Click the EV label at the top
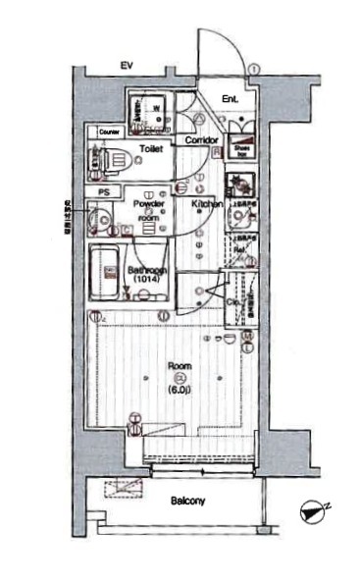pyautogui.click(x=126, y=65)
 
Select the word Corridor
pyautogui.click(x=202, y=140)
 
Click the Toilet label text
pyautogui.click(x=151, y=148)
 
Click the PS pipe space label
pyautogui.click(x=102, y=190)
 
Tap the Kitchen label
pyautogui.click(x=207, y=204)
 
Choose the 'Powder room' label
pyautogui.click(x=147, y=209)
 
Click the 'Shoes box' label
pyautogui.click(x=241, y=149)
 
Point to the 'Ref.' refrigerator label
pyautogui.click(x=239, y=248)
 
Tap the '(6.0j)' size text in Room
pyautogui.click(x=179, y=389)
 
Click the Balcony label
pyautogui.click(x=188, y=502)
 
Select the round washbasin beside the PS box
pyautogui.click(x=100, y=217)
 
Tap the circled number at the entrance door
pyautogui.click(x=253, y=69)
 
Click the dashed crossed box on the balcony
pyautogui.click(x=122, y=487)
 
